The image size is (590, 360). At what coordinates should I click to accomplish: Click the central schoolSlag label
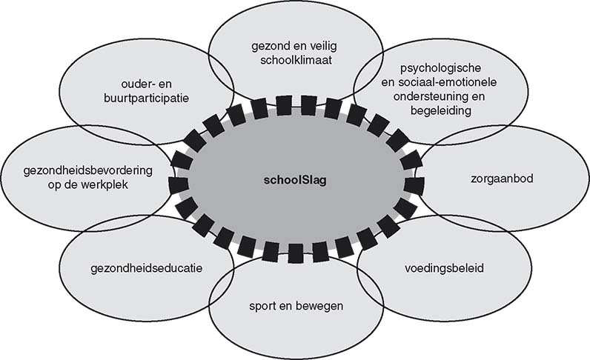coord(294,179)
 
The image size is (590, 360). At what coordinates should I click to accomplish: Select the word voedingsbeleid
coord(445,267)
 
